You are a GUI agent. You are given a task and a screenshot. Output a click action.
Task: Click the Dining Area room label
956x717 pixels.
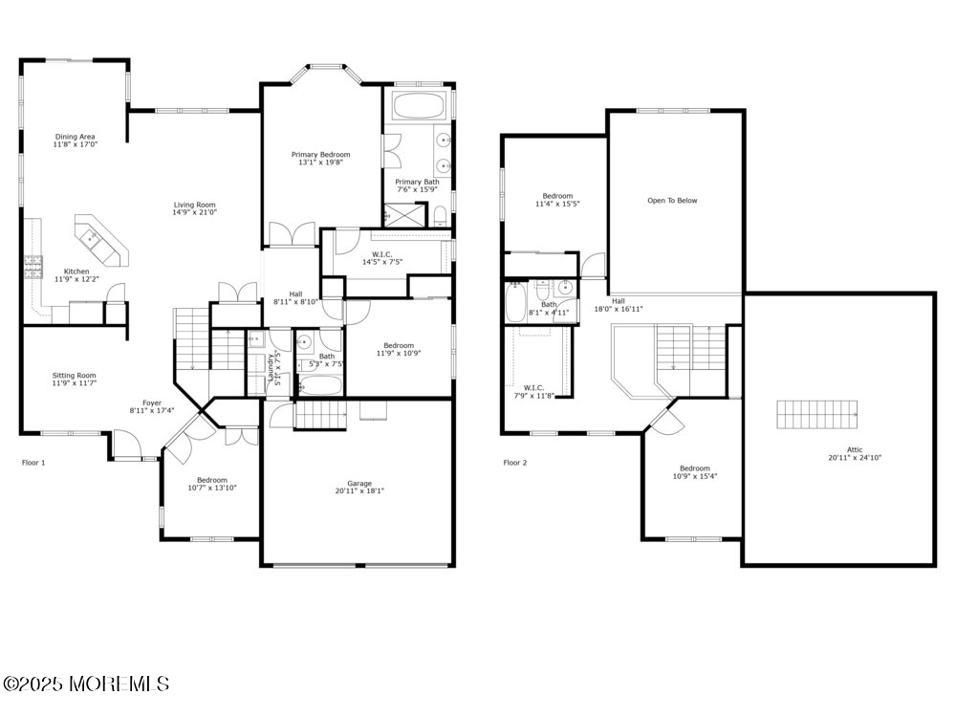75,137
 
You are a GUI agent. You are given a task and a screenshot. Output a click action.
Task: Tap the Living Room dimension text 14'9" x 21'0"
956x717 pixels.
194,213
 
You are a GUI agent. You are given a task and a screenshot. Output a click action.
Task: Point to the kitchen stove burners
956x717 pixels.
33,267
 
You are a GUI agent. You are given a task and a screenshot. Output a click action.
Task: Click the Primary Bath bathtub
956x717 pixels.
419,105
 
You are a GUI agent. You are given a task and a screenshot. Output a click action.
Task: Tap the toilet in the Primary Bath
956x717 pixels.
440,216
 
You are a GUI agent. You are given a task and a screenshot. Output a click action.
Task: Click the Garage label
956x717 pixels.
359,484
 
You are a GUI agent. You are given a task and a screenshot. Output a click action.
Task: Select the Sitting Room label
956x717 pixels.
74,376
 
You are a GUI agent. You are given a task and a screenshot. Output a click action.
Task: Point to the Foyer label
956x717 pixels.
152,403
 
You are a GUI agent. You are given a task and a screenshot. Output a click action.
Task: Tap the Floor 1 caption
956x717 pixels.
33,463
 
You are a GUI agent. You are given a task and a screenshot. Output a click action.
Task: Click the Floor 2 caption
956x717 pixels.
515,463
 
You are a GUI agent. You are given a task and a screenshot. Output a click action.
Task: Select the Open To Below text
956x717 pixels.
672,201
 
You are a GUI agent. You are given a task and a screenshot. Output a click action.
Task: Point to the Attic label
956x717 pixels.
855,450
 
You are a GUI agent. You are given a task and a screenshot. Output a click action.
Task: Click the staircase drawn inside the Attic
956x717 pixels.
817,415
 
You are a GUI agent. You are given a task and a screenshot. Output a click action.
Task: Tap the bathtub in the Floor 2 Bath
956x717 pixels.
513,302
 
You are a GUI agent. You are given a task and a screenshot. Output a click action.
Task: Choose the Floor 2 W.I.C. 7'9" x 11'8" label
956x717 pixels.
533,391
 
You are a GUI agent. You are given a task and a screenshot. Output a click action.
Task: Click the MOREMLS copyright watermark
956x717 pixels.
85,684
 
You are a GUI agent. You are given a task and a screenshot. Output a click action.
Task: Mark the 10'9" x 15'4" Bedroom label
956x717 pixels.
694,472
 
